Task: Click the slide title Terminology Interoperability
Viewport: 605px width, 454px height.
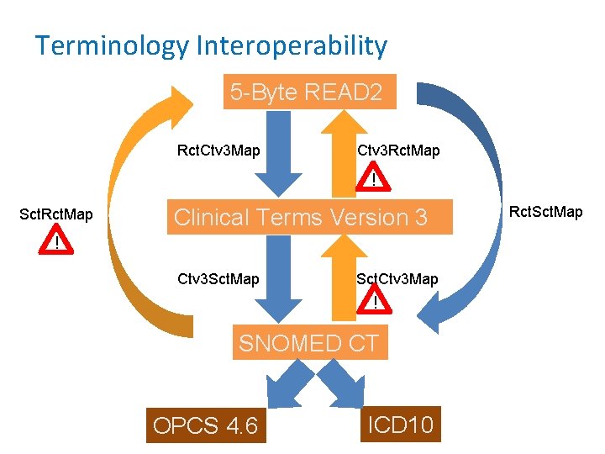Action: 211,45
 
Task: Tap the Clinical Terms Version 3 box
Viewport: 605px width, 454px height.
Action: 301,217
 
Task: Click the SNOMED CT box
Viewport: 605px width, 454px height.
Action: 309,343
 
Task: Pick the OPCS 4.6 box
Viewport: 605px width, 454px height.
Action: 206,426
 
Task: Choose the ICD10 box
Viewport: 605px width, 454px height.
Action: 400,425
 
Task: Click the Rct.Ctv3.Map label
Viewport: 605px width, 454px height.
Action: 218,151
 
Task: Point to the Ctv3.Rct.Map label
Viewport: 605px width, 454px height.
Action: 398,151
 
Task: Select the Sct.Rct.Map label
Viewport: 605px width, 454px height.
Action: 56,215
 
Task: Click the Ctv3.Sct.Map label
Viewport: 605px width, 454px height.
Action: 218,278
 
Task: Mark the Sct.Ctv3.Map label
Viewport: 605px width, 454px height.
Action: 397,279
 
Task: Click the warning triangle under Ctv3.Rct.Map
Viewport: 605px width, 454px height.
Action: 375,179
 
